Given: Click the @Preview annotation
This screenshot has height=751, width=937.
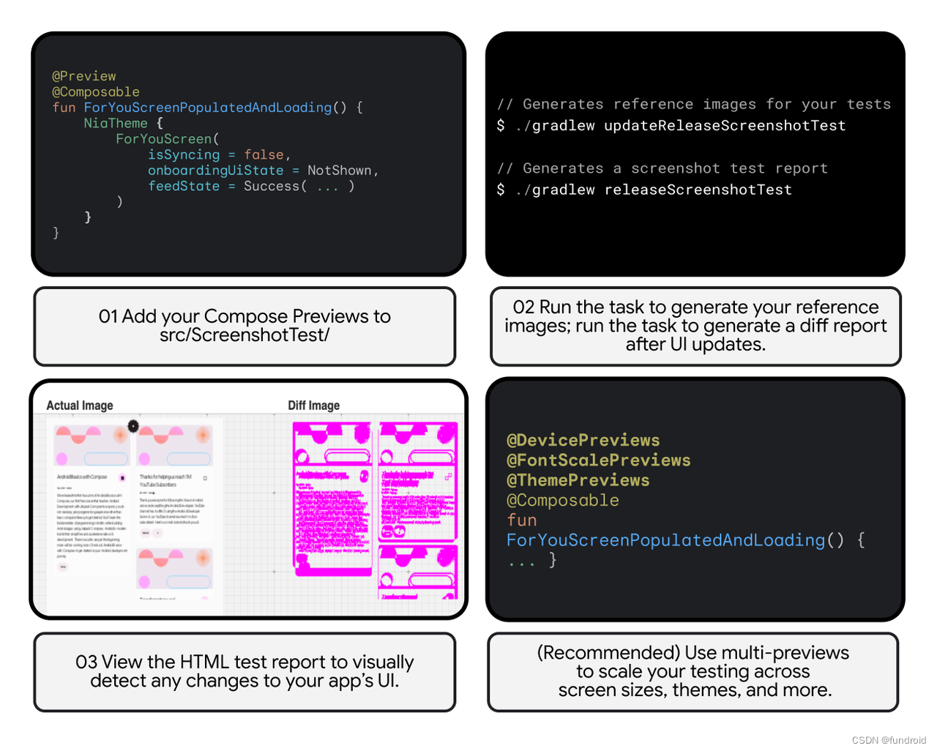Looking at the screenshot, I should [x=84, y=76].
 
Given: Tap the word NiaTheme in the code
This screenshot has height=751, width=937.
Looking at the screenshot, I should [x=116, y=123].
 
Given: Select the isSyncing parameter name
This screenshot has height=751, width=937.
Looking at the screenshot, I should [x=184, y=154].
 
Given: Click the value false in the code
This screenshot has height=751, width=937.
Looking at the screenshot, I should [x=264, y=154].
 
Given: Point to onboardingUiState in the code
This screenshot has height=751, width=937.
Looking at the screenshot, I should [x=215, y=171].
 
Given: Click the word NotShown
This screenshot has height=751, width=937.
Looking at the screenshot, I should [x=340, y=171].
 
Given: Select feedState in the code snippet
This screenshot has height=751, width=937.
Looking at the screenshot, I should [x=184, y=187].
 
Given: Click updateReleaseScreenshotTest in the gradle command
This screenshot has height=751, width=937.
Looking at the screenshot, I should [x=725, y=126].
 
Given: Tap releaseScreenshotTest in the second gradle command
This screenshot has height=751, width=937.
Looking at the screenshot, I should [x=698, y=190].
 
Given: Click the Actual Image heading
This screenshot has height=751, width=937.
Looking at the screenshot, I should [x=80, y=406].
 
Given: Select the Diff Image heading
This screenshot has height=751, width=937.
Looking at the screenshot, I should [x=314, y=406].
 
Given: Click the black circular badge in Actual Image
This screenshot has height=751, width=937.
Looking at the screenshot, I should [x=133, y=425].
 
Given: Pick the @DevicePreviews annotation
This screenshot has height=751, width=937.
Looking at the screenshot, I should [x=583, y=441].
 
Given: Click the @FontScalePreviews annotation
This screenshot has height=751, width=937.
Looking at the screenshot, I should [x=599, y=460].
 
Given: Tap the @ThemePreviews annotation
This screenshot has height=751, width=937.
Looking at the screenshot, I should [x=578, y=480].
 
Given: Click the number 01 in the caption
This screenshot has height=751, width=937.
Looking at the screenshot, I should [x=108, y=316].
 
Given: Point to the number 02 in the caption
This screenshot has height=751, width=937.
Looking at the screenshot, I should [x=523, y=307].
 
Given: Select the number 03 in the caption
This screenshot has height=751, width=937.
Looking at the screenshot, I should [x=86, y=662].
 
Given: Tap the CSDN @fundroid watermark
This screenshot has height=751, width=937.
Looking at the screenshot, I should [x=889, y=740].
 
